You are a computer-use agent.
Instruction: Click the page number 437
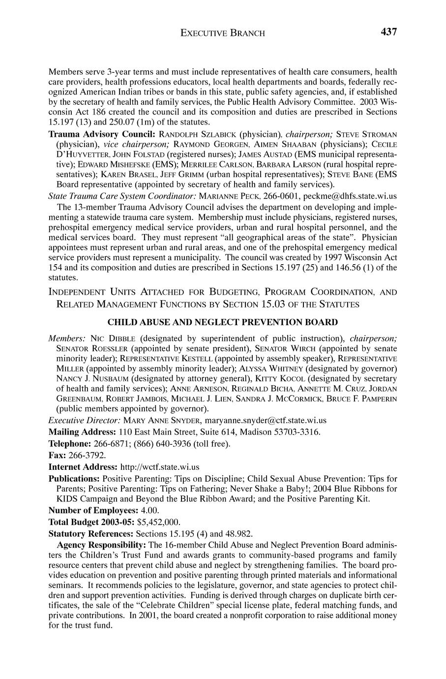point(388,32)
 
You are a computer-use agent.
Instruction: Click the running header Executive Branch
point(223,33)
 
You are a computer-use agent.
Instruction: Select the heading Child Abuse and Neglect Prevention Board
point(223,322)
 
